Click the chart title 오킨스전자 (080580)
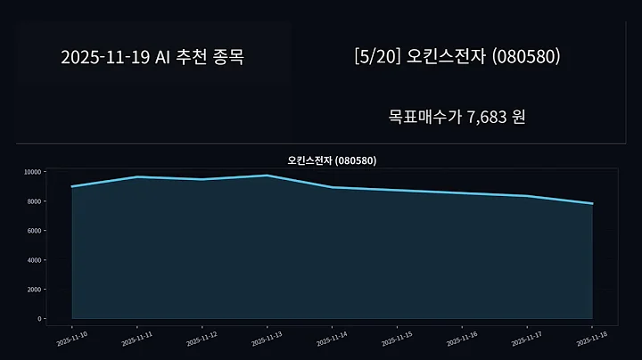point(332,160)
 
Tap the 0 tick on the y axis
point(38,318)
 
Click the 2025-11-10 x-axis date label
point(71,338)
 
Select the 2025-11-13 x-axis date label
point(267,338)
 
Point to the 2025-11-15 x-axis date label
point(397,338)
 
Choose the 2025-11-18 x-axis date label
point(592,338)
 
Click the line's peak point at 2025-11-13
point(267,176)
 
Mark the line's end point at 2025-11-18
point(592,203)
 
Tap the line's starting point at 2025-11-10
point(71,186)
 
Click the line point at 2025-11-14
point(332,187)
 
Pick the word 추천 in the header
point(187,57)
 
